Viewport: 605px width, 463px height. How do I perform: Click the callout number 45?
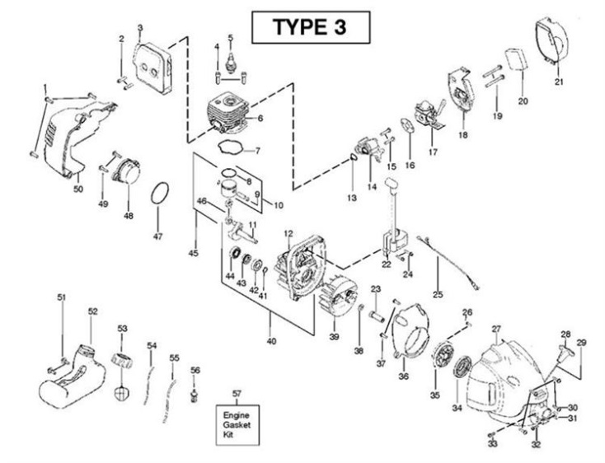192,254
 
